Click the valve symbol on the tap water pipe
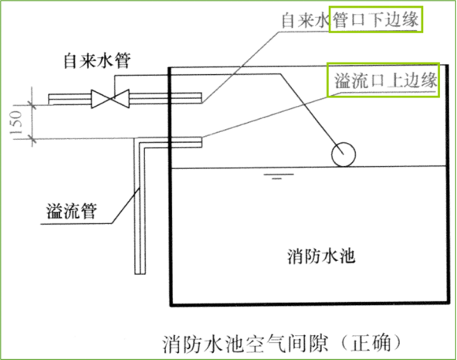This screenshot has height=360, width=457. tap(110, 99)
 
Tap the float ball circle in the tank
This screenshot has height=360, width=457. tap(344, 155)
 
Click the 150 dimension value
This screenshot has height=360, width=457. tap(17, 123)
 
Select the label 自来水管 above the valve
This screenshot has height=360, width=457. tap(97, 61)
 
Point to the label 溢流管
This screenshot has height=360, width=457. tap(72, 211)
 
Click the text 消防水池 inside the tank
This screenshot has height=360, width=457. tap(321, 256)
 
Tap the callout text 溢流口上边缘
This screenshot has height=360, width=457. tap(385, 80)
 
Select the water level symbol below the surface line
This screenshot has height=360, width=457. tap(279, 176)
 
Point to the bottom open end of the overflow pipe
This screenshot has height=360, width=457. tap(140, 273)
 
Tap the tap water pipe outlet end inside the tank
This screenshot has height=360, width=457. tap(201, 98)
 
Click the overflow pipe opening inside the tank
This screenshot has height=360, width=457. tap(201, 142)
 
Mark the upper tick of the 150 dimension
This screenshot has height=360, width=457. tap(32, 105)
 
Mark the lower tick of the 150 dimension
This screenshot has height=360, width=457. tap(32, 139)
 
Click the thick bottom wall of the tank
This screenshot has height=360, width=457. tap(310, 304)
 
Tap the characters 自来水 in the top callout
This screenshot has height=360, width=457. tap(306, 20)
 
